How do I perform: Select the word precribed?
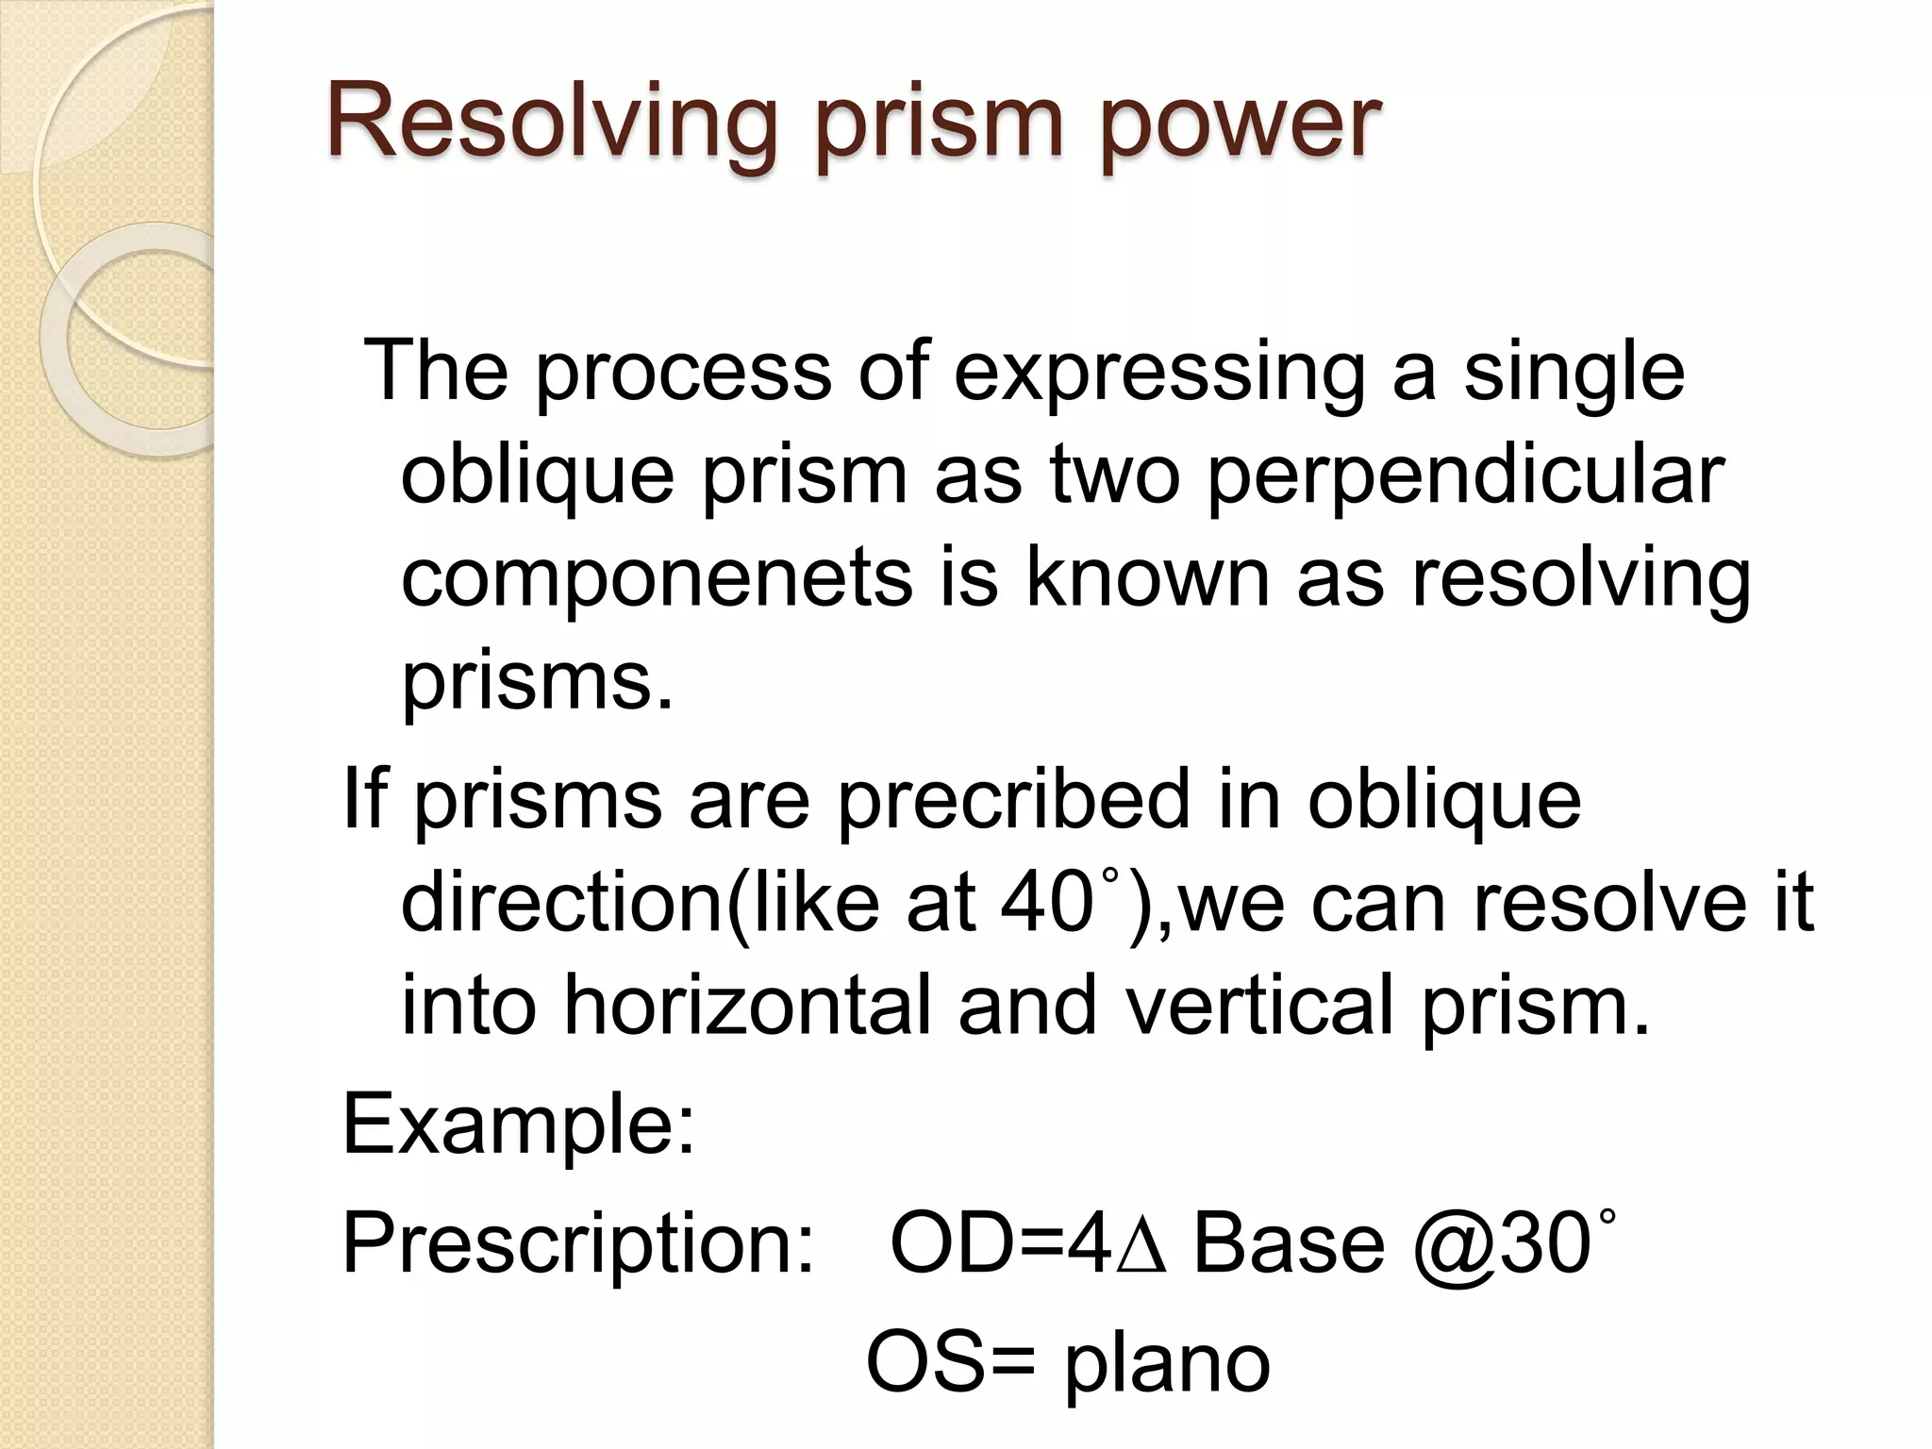[x=1013, y=800]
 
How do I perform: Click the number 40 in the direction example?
[x=1041, y=904]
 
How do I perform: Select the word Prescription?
[x=578, y=1245]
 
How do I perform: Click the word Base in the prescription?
[x=1289, y=1245]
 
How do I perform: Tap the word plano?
[x=1168, y=1364]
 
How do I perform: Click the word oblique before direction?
[x=1443, y=800]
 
